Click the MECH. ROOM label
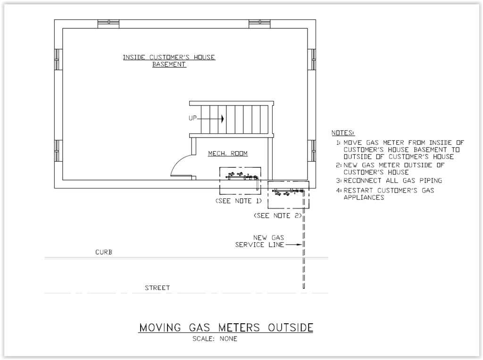[x=228, y=153]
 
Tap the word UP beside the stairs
[x=192, y=118]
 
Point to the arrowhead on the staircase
[x=223, y=118]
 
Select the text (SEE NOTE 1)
[x=238, y=201]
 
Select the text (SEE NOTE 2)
[x=277, y=216]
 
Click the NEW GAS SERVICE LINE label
[x=260, y=241]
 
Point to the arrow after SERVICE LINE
[x=294, y=245]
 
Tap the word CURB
[x=104, y=252]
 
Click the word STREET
[x=158, y=288]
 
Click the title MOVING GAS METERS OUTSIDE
[x=226, y=327]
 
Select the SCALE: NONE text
[x=215, y=339]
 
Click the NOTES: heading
[x=343, y=133]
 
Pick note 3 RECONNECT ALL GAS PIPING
[x=389, y=180]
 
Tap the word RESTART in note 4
[x=358, y=190]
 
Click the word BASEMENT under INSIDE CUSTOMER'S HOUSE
[x=169, y=64]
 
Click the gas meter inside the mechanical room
[x=242, y=177]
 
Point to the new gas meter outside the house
[x=288, y=192]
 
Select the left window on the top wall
[x=108, y=24]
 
